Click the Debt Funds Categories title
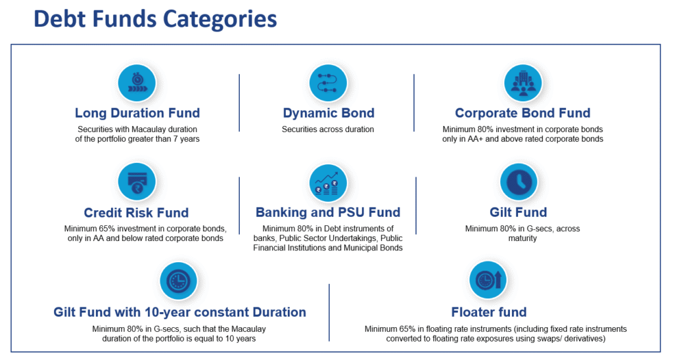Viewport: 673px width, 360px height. pos(155,20)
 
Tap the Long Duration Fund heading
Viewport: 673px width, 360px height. pos(137,113)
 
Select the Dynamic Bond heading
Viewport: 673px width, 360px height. pos(329,113)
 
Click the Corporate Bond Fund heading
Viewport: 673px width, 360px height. pos(522,113)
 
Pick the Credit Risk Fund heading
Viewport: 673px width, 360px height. pos(136,212)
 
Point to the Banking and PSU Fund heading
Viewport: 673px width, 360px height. pos(328,212)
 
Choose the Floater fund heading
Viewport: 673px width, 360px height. pos(489,312)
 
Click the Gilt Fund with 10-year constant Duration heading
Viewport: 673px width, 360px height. pos(179,312)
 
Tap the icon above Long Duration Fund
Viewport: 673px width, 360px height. pos(137,83)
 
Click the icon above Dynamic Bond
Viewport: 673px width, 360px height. pos(328,83)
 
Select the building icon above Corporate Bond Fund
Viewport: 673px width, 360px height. pos(522,83)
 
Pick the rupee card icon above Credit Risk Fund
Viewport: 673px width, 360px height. pos(137,182)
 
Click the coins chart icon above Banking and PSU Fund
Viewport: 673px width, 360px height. pos(328,183)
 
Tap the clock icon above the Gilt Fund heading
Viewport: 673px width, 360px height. pos(519,182)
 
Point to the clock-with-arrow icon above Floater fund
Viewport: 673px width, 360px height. pos(488,281)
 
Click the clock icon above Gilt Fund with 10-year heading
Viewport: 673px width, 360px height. pos(178,281)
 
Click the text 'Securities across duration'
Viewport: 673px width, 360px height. pos(328,129)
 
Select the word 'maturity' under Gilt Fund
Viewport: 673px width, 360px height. pos(522,238)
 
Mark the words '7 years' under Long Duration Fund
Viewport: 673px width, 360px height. pos(187,139)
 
